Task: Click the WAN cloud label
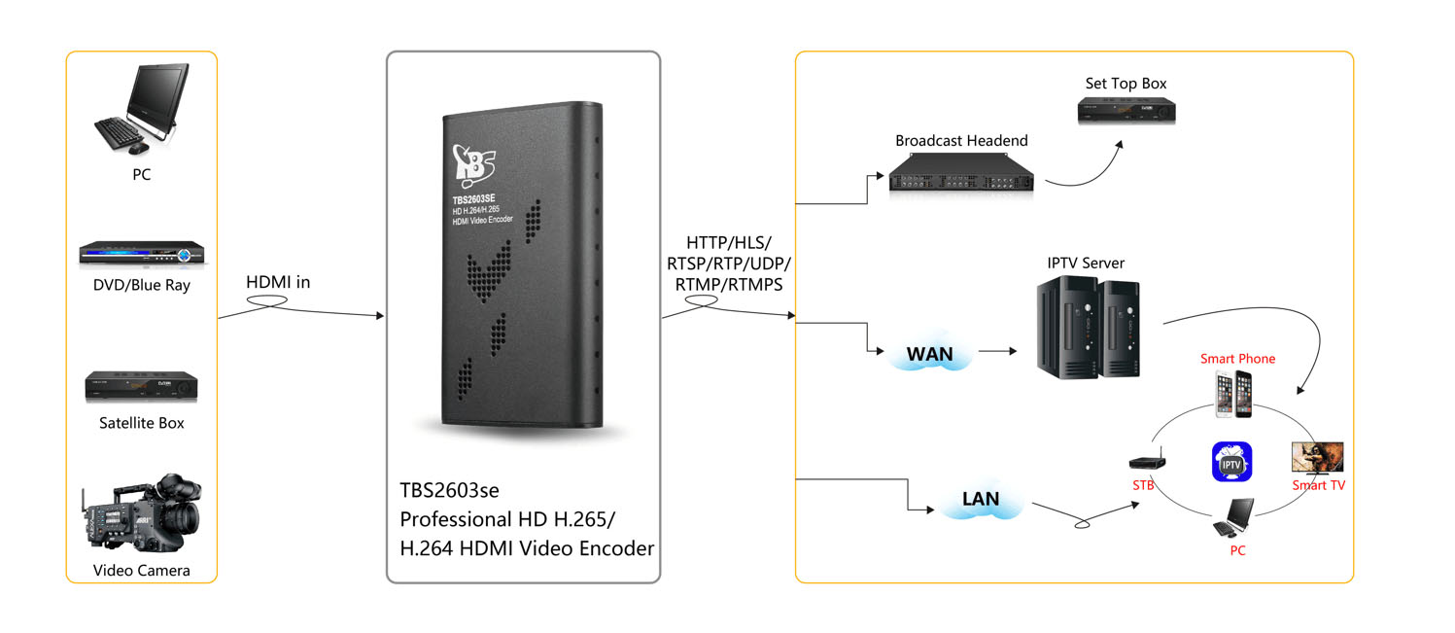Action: tap(929, 354)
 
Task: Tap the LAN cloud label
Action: tap(980, 499)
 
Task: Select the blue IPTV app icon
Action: tap(1231, 462)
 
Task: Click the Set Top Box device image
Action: tap(1126, 110)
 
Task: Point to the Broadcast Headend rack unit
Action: tap(960, 173)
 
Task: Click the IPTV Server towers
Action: tap(1088, 328)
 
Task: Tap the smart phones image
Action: tap(1233, 394)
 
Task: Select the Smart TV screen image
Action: tap(1317, 458)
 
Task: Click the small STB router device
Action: tap(1147, 461)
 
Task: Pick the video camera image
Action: tap(141, 512)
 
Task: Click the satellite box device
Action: tap(141, 387)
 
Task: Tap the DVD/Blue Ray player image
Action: tap(142, 254)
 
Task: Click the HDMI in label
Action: tap(278, 282)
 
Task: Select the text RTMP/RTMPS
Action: tap(729, 285)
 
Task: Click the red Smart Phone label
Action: tap(1237, 359)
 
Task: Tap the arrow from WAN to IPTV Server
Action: tap(998, 351)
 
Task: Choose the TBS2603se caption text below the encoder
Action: tap(449, 490)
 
